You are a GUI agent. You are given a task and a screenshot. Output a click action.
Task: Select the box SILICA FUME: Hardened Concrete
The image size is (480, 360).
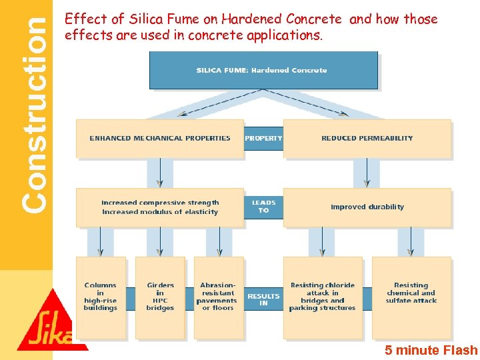pyautogui.click(x=263, y=70)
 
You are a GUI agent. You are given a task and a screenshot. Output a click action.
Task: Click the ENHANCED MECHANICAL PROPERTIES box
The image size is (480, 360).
pyautogui.click(x=160, y=139)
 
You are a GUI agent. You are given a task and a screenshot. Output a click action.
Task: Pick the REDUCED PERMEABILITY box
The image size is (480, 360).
pyautogui.click(x=367, y=139)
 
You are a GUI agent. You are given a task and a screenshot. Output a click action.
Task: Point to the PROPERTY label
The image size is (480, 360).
pyautogui.click(x=263, y=139)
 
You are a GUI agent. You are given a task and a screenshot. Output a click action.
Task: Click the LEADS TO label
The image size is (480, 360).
pyautogui.click(x=263, y=207)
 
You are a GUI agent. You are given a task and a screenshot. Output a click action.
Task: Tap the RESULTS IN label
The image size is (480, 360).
pyautogui.click(x=263, y=300)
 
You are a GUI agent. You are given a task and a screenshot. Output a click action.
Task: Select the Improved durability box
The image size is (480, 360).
pyautogui.click(x=367, y=207)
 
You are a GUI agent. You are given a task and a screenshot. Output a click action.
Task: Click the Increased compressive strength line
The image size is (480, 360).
pyautogui.click(x=160, y=203)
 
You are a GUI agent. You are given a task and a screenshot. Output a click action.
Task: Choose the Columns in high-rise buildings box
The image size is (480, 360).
pyautogui.click(x=101, y=297)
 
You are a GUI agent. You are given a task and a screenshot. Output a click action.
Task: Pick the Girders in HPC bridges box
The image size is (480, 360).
pyautogui.click(x=160, y=297)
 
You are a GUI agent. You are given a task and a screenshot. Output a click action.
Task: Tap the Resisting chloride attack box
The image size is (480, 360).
pyautogui.click(x=323, y=297)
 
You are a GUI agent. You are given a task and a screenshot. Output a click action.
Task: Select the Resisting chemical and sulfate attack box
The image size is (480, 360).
pyautogui.click(x=411, y=293)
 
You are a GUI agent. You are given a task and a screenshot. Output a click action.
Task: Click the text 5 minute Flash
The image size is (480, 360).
pyautogui.click(x=431, y=350)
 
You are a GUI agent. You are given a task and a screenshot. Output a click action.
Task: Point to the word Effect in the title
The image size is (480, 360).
pyautogui.click(x=81, y=19)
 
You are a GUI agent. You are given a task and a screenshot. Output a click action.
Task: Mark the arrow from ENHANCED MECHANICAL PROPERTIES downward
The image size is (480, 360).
pyautogui.click(x=160, y=173)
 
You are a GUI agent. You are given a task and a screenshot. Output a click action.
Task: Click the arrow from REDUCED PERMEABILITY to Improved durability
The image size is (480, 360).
pyautogui.click(x=367, y=173)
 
